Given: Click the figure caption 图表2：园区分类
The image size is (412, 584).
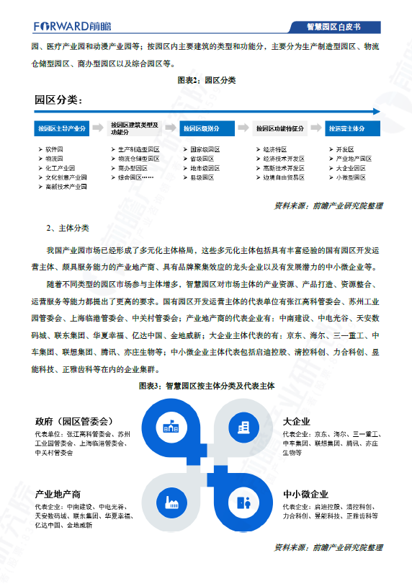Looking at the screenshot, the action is click(x=206, y=80).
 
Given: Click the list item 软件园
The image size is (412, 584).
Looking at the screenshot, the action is click(x=54, y=149).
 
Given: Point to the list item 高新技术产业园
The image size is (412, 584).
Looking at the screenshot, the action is click(x=66, y=187).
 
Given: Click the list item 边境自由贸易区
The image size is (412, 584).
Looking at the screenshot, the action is click(x=283, y=177).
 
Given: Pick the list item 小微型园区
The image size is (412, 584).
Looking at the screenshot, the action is click(x=351, y=177).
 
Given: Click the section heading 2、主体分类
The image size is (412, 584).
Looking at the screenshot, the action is click(x=68, y=228).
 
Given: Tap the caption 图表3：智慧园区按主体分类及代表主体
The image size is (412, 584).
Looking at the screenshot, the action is click(x=207, y=386).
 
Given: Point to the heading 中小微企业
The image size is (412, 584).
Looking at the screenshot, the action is click(x=306, y=494).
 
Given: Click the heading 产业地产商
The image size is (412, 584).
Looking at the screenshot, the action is click(x=58, y=494).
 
